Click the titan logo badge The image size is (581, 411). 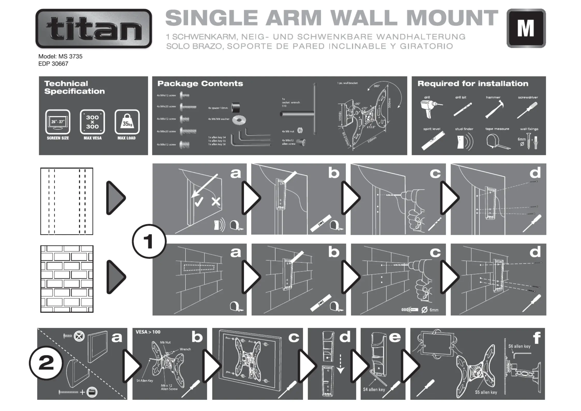click(x=94, y=28)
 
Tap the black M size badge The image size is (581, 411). click(x=526, y=28)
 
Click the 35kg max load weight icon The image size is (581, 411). click(x=127, y=122)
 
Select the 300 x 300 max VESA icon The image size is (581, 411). click(x=92, y=122)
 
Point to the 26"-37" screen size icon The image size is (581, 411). click(x=58, y=122)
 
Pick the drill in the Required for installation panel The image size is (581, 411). click(x=430, y=109)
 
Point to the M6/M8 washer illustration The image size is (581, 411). click(x=239, y=120)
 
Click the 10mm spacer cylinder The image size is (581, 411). click(x=235, y=108)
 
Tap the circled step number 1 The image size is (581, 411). click(x=149, y=241)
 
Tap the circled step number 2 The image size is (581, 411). click(x=46, y=363)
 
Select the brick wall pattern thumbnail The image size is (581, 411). click(x=67, y=279)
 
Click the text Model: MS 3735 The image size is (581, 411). click(x=60, y=56)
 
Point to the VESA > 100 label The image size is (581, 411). click(x=148, y=332)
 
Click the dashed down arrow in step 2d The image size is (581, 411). click(x=340, y=364)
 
